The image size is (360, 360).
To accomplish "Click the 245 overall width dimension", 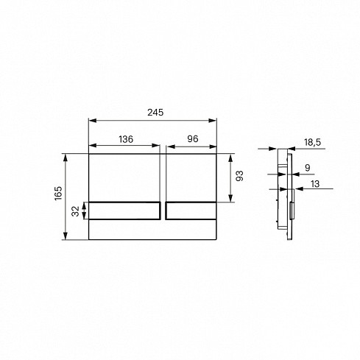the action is point(155,113).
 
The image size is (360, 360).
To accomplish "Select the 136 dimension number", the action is point(126,139).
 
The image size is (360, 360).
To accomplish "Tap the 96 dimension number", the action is point(193,139).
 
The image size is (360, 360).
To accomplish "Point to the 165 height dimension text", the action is point(58,194).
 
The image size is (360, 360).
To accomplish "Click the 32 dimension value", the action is point(75,211).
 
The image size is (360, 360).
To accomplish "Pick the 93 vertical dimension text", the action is point(239,176).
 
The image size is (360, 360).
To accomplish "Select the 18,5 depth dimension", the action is point(312,142).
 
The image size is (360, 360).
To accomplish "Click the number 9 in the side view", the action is point(308,168).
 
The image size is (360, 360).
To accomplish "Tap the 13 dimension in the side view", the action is point(315,184).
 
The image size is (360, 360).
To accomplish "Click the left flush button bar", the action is point(124,211).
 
